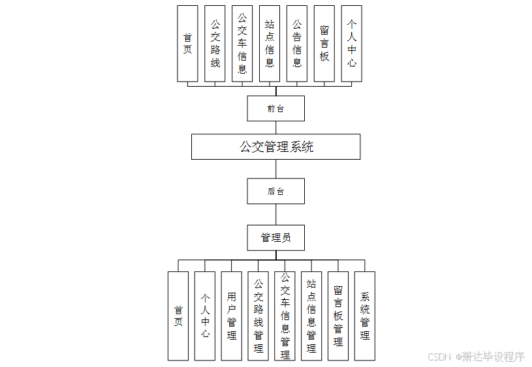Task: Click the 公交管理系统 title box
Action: click(x=275, y=147)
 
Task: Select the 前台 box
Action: click(x=275, y=108)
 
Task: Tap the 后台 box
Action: click(x=275, y=191)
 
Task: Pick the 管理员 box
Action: click(x=275, y=237)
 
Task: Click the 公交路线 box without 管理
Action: click(x=215, y=44)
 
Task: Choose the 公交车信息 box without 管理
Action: click(x=242, y=44)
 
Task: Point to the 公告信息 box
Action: click(x=297, y=44)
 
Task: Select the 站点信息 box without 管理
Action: click(x=270, y=44)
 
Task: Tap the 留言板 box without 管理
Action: click(x=324, y=44)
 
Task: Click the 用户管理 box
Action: click(x=232, y=316)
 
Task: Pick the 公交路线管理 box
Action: click(x=258, y=316)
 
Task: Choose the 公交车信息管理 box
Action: click(x=285, y=316)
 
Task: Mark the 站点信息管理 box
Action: click(x=311, y=316)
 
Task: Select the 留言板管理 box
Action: click(x=338, y=316)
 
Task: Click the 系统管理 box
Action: click(x=365, y=316)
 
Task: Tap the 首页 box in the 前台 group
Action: click(x=187, y=44)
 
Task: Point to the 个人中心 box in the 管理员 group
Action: click(x=205, y=316)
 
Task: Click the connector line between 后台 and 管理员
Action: click(x=276, y=214)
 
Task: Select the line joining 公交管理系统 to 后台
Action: click(x=276, y=169)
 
